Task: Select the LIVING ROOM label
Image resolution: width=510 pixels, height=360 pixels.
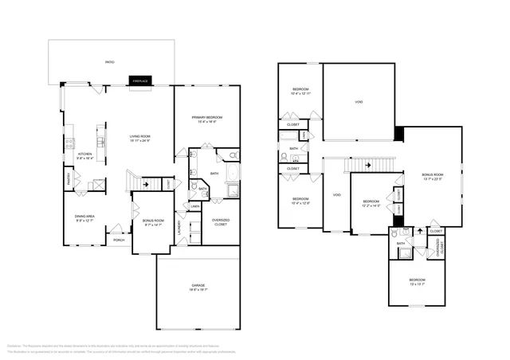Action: coord(140,136)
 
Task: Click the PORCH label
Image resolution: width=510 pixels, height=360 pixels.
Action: coord(119,240)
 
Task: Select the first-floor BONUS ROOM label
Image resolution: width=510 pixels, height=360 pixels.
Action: coord(153,220)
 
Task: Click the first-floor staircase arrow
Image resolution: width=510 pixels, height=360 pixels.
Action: coord(144,182)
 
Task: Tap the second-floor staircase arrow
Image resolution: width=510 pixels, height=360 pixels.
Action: coord(367,165)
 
